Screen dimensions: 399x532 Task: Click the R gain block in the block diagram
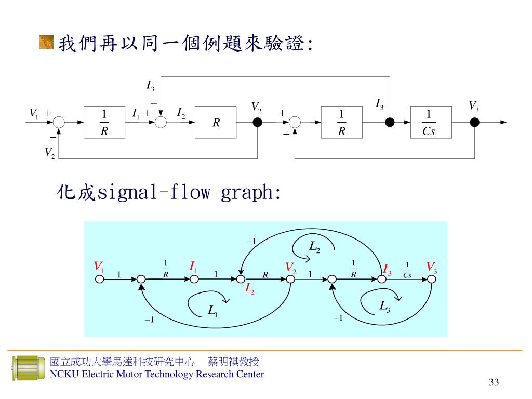tap(216, 123)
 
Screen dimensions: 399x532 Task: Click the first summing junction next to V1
tap(59, 123)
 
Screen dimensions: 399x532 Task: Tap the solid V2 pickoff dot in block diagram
tap(257, 123)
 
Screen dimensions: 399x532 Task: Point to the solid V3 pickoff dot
tap(474, 123)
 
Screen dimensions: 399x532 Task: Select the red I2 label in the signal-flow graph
tap(249, 289)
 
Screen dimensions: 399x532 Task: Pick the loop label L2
tap(314, 247)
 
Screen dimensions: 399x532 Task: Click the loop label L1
tap(212, 311)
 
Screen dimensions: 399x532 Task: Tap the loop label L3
tap(384, 306)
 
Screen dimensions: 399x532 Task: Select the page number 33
tap(494, 383)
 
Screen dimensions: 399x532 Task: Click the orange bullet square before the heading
tap(46, 42)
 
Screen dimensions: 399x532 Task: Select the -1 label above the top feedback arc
tap(251, 242)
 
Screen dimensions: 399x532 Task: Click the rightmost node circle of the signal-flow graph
tap(431, 279)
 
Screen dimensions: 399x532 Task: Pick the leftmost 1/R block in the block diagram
tap(104, 123)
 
